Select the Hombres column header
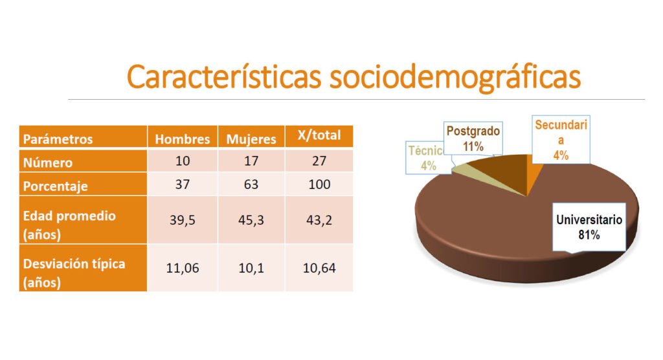[x=183, y=139]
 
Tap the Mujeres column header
[x=251, y=139]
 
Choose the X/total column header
[x=319, y=136]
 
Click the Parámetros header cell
[x=58, y=139]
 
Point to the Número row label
[x=48, y=162]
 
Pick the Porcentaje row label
[x=56, y=185]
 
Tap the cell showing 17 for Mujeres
[x=251, y=161]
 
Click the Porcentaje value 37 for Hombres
[x=183, y=185]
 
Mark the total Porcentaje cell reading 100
[x=319, y=185]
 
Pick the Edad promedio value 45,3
[x=251, y=220]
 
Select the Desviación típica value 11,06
[x=183, y=268]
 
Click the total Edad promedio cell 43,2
[x=319, y=220]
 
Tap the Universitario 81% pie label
[x=589, y=227]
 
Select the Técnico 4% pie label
[x=425, y=158]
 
